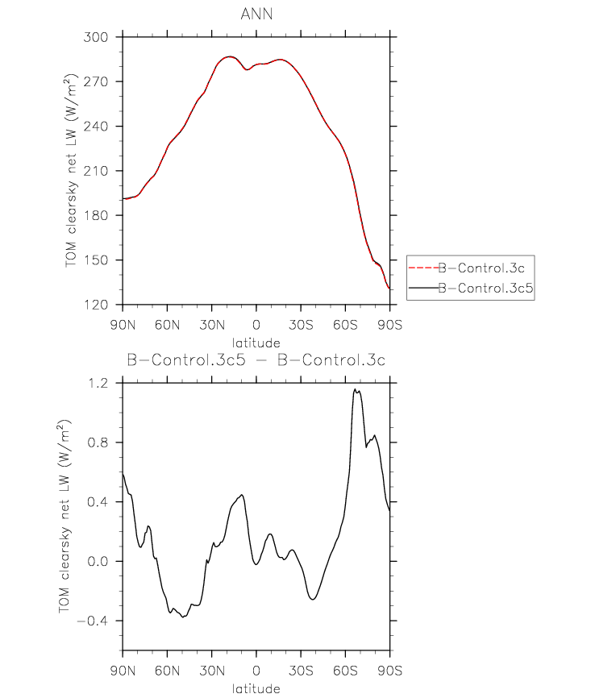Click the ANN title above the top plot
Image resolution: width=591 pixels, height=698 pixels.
click(256, 15)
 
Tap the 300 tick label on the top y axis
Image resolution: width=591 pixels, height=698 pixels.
click(96, 37)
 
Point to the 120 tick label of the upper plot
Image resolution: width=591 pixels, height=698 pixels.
click(96, 305)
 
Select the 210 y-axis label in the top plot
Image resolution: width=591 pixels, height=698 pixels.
click(96, 171)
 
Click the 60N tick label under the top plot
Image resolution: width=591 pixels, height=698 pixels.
click(168, 325)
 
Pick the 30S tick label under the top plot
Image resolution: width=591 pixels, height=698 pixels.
click(301, 325)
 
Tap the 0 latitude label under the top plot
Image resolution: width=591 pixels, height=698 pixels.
click(256, 325)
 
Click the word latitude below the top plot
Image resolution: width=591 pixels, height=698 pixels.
click(256, 343)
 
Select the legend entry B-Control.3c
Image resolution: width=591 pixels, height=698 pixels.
click(481, 268)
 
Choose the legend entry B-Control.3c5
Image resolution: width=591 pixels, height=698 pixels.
click(485, 288)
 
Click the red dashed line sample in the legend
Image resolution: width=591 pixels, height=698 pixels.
click(423, 268)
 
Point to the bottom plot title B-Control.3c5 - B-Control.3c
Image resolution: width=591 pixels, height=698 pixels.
click(256, 359)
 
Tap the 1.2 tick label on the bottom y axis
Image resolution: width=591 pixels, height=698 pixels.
click(98, 383)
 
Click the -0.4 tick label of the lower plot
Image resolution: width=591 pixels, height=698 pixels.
click(93, 621)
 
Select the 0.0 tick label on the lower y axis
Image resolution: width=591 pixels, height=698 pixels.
click(98, 561)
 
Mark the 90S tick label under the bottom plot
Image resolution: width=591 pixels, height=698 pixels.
click(390, 671)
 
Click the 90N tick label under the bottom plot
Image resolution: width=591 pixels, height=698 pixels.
click(123, 671)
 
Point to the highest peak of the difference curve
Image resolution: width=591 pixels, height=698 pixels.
click(355, 389)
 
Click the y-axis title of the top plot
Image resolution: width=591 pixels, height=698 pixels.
click(71, 171)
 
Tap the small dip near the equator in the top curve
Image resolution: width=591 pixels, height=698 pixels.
click(248, 70)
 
